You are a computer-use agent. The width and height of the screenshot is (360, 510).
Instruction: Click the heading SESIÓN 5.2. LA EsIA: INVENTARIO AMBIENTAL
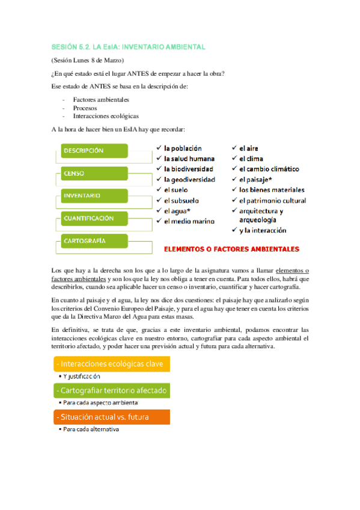pyautogui.click(x=128, y=46)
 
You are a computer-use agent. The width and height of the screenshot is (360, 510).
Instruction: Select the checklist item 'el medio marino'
pyautogui.click(x=189, y=221)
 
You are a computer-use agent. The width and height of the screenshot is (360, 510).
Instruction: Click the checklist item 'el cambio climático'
pyautogui.click(x=269, y=169)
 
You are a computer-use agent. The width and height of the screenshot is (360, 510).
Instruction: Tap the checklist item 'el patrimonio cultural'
pyautogui.click(x=272, y=200)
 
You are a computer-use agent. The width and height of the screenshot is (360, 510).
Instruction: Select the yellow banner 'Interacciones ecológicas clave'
pyautogui.click(x=111, y=364)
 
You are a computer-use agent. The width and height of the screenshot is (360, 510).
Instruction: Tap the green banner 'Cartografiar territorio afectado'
pyautogui.click(x=111, y=391)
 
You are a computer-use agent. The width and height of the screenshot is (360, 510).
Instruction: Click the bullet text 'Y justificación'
pyautogui.click(x=82, y=376)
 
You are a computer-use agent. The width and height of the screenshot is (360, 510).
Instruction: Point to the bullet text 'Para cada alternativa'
pyautogui.click(x=91, y=429)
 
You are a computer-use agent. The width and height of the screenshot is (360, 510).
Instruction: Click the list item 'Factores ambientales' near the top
pyautogui.click(x=100, y=99)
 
